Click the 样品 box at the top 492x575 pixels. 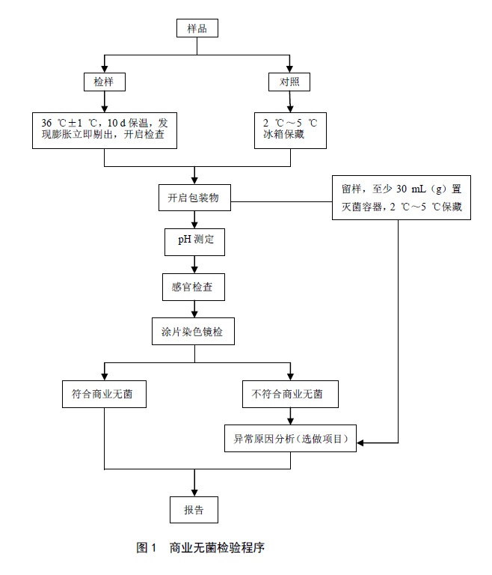(x=197, y=29)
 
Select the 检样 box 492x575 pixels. (x=104, y=81)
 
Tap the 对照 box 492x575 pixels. (x=289, y=81)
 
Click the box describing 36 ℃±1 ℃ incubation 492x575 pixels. (x=104, y=128)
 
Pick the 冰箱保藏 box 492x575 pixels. (x=289, y=128)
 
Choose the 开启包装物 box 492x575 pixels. (x=194, y=198)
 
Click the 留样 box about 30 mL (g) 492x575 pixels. (x=401, y=198)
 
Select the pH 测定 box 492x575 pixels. (x=194, y=241)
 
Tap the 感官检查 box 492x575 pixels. (x=194, y=287)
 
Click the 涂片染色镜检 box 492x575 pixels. (x=194, y=331)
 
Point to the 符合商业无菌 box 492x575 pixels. (x=104, y=394)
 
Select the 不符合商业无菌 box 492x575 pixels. (x=289, y=394)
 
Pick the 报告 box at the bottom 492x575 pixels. (x=194, y=509)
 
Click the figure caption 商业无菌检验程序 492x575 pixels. (x=217, y=548)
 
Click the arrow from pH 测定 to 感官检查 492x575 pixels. (x=194, y=264)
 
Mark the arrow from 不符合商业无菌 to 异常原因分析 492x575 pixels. (x=289, y=416)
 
